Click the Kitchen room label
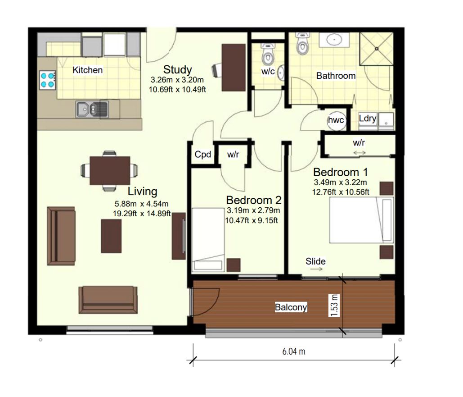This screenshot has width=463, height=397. (88, 70)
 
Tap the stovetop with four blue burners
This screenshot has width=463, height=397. (48, 80)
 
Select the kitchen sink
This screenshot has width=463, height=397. (92, 110)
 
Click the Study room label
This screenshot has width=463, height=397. (177, 69)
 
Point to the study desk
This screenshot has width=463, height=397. (234, 68)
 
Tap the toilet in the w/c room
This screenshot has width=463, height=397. (268, 54)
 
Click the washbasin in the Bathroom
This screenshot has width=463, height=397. (334, 40)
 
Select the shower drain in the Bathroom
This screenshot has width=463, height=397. (377, 49)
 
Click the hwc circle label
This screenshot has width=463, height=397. (336, 120)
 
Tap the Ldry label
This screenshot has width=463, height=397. (368, 119)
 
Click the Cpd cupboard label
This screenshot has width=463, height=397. (203, 155)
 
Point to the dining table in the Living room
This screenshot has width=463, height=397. (110, 171)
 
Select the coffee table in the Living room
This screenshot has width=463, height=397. (111, 236)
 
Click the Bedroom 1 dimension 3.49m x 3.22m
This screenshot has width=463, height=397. (341, 182)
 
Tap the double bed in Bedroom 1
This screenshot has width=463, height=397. (362, 220)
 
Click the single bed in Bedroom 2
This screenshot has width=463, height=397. (208, 240)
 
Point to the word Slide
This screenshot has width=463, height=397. (316, 261)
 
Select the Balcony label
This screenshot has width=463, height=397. (291, 307)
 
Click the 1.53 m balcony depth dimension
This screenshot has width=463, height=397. (334, 306)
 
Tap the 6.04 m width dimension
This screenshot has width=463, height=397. (294, 351)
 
